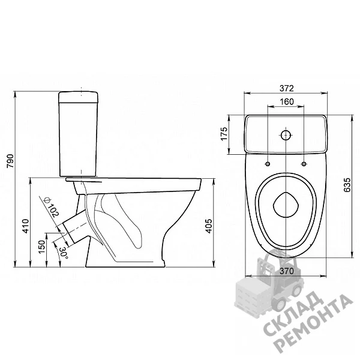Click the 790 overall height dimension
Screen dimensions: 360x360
(11, 161)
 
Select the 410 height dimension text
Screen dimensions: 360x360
(26, 226)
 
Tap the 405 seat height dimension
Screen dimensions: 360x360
(209, 226)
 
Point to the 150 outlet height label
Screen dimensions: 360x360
(42, 247)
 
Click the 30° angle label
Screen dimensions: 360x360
(64, 253)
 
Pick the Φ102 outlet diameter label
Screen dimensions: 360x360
(52, 208)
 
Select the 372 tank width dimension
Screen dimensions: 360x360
(287, 88)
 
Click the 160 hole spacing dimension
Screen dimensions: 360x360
(287, 101)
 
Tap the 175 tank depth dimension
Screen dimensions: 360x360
(224, 134)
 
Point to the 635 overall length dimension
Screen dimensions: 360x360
(347, 185)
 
